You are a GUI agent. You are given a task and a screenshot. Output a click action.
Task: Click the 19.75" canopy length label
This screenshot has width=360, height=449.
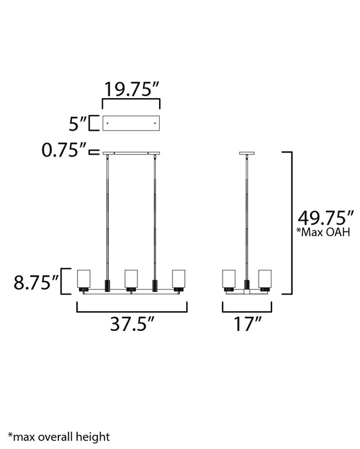point(132,89)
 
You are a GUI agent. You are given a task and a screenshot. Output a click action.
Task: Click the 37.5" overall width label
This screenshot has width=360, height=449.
point(133,325)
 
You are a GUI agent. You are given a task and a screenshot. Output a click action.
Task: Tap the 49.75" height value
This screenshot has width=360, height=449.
point(323,217)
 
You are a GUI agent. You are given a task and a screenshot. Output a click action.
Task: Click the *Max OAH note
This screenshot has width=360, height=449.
point(323,233)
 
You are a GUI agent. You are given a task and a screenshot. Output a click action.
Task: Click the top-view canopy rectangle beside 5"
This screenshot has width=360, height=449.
point(132,123)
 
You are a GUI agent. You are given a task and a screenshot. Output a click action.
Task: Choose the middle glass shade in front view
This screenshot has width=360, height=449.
point(132,279)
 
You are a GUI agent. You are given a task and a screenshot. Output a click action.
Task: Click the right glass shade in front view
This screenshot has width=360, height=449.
point(179,279)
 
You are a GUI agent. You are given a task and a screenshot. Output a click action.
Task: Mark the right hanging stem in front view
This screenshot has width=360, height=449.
point(155,212)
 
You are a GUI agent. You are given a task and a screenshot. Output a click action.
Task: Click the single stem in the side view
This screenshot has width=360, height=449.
point(246,212)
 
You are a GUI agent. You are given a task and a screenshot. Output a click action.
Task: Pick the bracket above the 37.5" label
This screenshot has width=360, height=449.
point(133,309)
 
